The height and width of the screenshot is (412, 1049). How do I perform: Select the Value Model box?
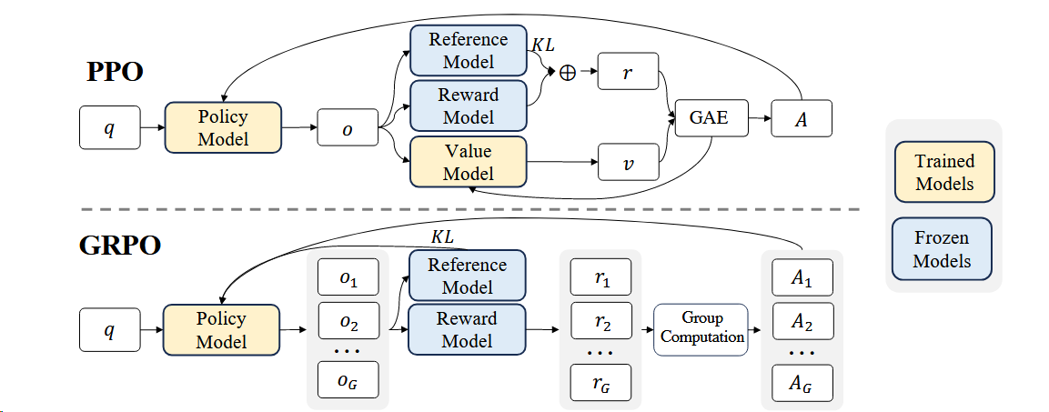469,162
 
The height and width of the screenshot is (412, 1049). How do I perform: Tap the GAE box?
710,118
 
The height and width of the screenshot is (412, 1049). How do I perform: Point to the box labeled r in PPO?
628,72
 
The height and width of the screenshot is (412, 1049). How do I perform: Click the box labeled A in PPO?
802,119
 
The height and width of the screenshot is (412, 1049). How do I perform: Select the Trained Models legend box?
944,172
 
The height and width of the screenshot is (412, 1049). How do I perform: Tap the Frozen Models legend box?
944,248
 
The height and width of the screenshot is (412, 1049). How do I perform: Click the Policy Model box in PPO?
223,128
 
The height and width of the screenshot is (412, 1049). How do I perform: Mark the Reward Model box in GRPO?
467,329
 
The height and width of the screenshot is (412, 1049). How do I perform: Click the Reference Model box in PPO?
469,51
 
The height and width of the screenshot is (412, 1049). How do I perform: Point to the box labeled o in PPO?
347,128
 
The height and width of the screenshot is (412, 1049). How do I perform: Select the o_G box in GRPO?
347,380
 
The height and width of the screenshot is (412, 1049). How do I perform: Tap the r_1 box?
600,276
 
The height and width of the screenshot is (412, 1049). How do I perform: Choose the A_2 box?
802,321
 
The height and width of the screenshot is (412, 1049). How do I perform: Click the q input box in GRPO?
109,330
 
